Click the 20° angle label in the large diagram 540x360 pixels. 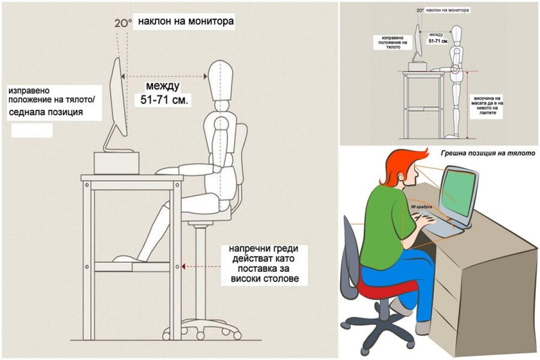(x=123, y=23)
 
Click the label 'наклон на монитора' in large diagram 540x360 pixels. (x=186, y=21)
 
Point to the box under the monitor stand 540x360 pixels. (x=116, y=163)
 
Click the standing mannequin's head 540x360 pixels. (x=457, y=34)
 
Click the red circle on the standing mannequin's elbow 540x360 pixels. (x=455, y=68)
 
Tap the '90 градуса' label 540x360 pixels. (x=421, y=207)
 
